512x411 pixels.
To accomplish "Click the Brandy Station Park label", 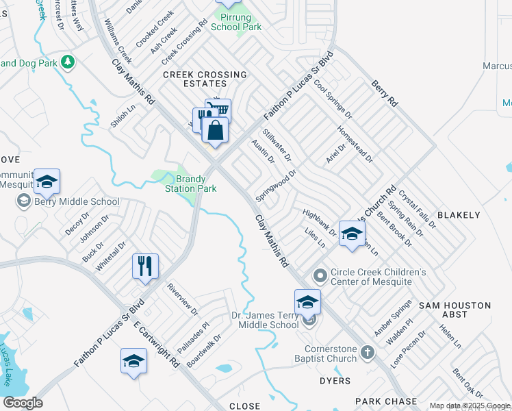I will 190,184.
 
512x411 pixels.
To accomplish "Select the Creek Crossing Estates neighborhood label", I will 204,79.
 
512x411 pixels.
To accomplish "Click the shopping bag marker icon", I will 215,129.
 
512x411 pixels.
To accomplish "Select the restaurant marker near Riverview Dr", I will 145,266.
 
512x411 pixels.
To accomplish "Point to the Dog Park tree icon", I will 68,63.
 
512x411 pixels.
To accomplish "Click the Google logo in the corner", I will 23,403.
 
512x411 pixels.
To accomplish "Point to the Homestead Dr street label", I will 355,143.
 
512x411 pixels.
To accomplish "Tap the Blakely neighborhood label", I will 458,215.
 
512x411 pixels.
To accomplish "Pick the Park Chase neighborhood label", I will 385,401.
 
